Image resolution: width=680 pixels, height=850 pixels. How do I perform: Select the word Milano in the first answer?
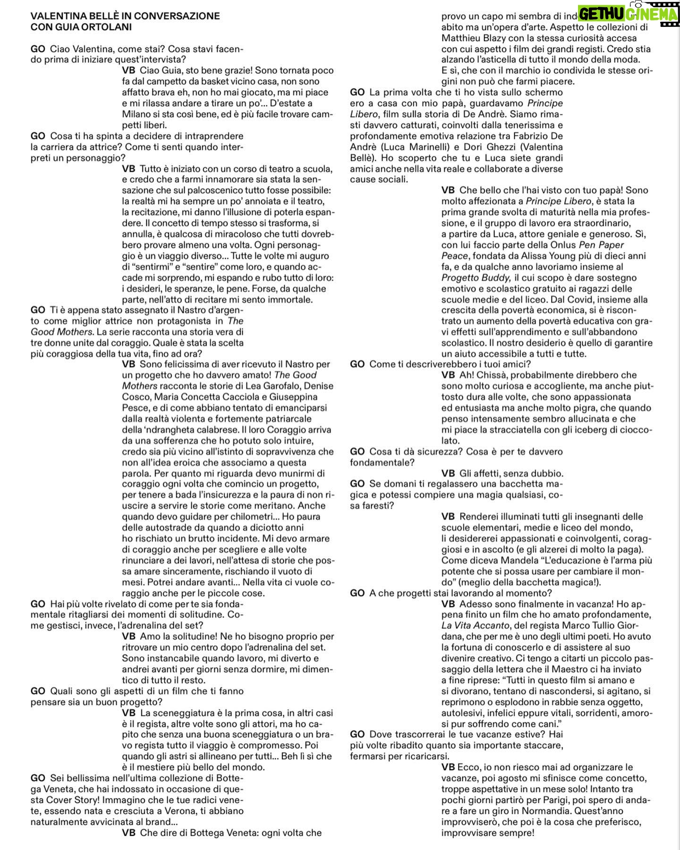136,114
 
